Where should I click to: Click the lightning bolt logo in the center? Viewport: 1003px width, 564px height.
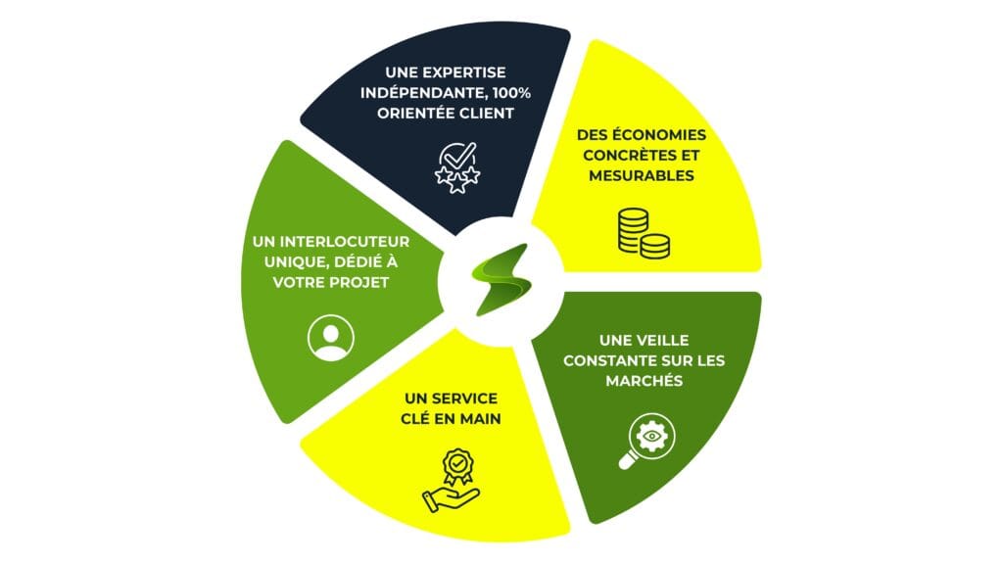pyautogui.click(x=501, y=279)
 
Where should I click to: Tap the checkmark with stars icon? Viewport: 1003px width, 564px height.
pyautogui.click(x=457, y=168)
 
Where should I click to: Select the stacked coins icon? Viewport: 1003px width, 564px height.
pyautogui.click(x=644, y=233)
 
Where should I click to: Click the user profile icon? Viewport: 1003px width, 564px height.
pyautogui.click(x=331, y=338)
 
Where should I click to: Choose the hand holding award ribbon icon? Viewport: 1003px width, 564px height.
pyautogui.click(x=451, y=480)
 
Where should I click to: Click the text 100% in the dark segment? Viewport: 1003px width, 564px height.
pyautogui.click(x=511, y=93)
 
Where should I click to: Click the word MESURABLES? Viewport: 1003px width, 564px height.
pyautogui.click(x=642, y=176)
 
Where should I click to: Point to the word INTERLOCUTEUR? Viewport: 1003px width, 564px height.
pyautogui.click(x=345, y=242)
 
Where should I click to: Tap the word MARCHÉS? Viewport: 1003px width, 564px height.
pyautogui.click(x=645, y=381)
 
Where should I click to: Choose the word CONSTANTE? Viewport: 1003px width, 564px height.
pyautogui.click(x=609, y=360)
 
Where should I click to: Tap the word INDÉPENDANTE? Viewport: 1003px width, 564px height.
pyautogui.click(x=423, y=93)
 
